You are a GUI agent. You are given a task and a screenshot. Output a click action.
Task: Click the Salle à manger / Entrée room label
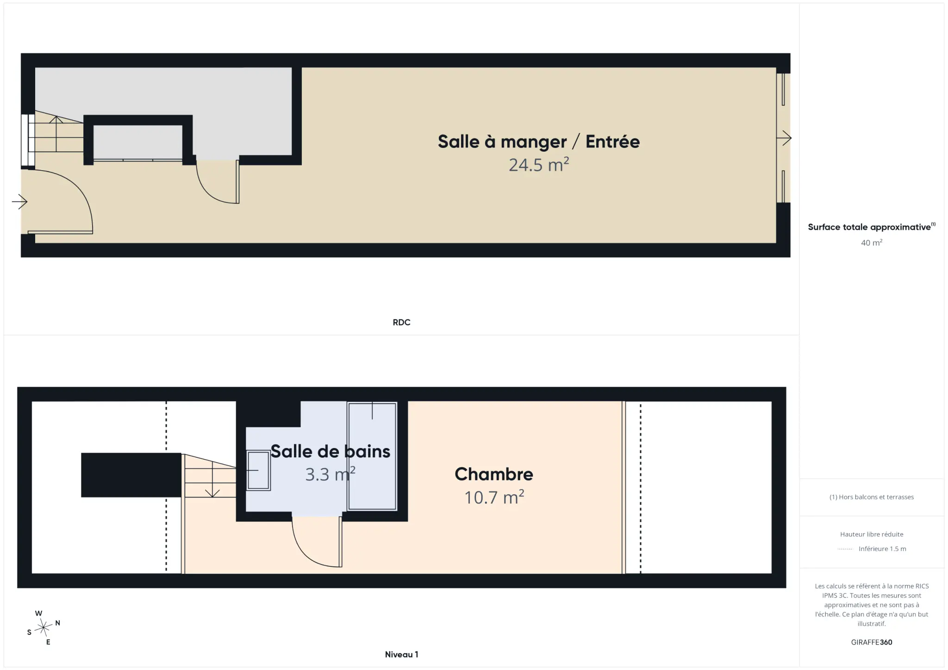click(x=539, y=141)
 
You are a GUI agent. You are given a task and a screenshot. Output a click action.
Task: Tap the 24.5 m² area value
click(x=539, y=165)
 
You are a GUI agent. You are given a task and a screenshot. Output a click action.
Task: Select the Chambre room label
click(x=494, y=474)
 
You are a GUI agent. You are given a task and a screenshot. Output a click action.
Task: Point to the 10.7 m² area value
click(x=494, y=497)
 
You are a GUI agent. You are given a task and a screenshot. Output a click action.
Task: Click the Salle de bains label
click(x=331, y=451)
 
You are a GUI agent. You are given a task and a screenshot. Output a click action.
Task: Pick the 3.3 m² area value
click(x=331, y=474)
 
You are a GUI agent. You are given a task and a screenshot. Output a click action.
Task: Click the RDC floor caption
click(x=401, y=322)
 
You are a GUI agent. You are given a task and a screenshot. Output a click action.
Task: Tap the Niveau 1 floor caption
click(x=401, y=654)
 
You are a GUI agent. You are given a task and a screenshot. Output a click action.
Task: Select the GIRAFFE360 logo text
click(x=872, y=642)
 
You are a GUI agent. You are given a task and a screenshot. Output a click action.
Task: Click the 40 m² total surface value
click(x=872, y=242)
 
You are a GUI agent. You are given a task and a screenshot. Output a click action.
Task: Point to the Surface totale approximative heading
click(x=872, y=227)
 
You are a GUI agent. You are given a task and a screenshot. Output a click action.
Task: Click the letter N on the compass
click(x=57, y=623)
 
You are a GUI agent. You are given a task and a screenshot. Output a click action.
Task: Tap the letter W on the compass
click(x=38, y=613)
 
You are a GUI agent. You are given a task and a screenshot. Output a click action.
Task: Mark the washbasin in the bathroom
click(x=258, y=470)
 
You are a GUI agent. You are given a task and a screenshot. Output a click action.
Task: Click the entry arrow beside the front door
click(x=19, y=202)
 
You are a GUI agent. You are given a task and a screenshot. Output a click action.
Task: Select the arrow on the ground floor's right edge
click(x=784, y=138)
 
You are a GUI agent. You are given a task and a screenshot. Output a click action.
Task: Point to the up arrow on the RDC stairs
click(x=56, y=134)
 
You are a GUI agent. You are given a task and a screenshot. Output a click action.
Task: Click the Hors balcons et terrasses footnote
click(x=872, y=497)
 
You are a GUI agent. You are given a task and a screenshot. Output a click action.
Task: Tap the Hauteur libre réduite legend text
click(x=872, y=534)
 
